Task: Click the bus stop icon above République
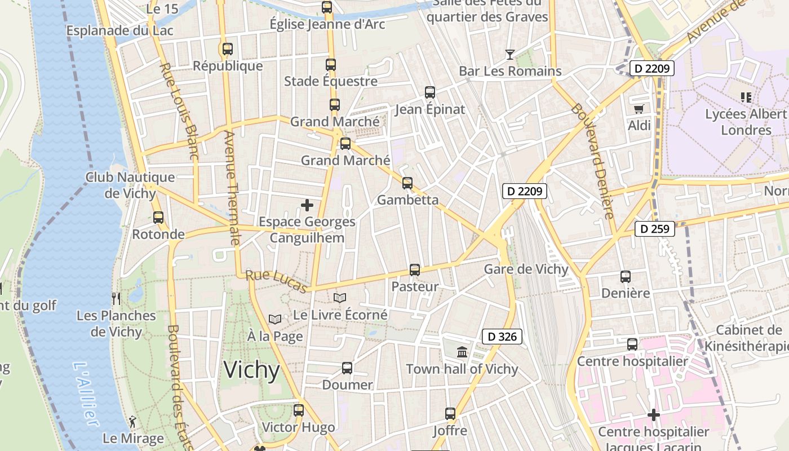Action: pos(228,49)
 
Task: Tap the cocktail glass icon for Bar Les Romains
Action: pos(509,55)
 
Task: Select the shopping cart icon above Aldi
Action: pos(639,109)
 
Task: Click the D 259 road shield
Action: pos(655,229)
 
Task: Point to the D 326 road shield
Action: pos(502,337)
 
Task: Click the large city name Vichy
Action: pos(251,370)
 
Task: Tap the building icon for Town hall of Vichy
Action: pos(462,352)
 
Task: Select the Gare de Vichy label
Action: pos(526,269)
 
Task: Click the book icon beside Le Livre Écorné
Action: pos(340,298)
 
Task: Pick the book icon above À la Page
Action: pos(274,320)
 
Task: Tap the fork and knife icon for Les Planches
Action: pos(116,298)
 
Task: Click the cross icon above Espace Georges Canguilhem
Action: pos(307,205)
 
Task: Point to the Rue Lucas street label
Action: pos(277,282)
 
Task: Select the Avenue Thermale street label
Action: pos(232,188)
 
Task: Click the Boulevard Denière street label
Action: pos(592,161)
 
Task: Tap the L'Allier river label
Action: pos(86,394)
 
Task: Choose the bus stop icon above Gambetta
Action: pos(407,183)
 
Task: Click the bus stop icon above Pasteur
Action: pos(415,270)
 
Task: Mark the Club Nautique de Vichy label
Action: pos(130,185)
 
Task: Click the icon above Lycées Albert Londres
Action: pos(746,97)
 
